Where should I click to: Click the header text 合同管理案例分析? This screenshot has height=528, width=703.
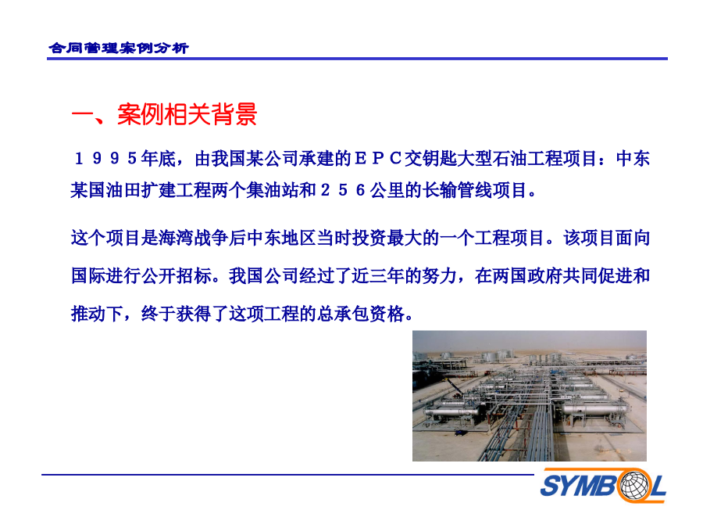(x=119, y=48)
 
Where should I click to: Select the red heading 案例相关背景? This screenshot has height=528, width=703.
(x=187, y=114)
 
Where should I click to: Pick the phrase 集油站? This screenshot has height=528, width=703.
(x=273, y=190)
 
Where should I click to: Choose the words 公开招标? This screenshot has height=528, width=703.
(x=177, y=275)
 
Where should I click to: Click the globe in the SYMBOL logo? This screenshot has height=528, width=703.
(x=633, y=485)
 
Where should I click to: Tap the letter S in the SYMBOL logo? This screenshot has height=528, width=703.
(x=551, y=485)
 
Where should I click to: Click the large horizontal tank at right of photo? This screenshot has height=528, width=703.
(x=594, y=409)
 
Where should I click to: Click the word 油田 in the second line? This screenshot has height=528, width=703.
(x=123, y=190)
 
